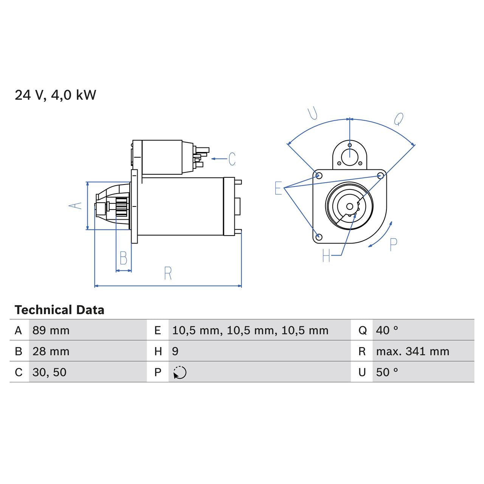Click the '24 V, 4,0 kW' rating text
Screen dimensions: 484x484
pyautogui.click(x=55, y=95)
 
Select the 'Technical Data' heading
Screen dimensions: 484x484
pyautogui.click(x=59, y=310)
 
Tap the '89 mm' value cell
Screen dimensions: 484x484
pyautogui.click(x=51, y=330)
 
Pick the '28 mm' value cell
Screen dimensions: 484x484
pyautogui.click(x=51, y=351)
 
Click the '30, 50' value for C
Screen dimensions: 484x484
pyautogui.click(x=50, y=372)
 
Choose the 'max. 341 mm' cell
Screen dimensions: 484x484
pyautogui.click(x=413, y=351)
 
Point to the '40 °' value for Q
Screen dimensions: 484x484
pyautogui.click(x=387, y=330)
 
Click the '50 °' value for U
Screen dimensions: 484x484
pyautogui.click(x=387, y=372)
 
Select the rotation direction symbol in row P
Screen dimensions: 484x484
pyautogui.click(x=180, y=372)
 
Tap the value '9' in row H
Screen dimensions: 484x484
pyautogui.click(x=175, y=351)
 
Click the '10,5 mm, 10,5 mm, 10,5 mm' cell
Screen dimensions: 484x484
pyautogui.click(x=250, y=330)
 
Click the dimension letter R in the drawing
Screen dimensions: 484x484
pyautogui.click(x=168, y=273)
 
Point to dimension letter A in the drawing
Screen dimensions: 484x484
pyautogui.click(x=75, y=205)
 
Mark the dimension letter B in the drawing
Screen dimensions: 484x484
pyautogui.click(x=123, y=258)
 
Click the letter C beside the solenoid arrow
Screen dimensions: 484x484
pyautogui.click(x=232, y=159)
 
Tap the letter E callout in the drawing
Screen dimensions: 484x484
pyautogui.click(x=278, y=188)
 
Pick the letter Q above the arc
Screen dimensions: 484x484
pyautogui.click(x=399, y=119)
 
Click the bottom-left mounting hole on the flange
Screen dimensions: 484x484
pyautogui.click(x=319, y=237)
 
